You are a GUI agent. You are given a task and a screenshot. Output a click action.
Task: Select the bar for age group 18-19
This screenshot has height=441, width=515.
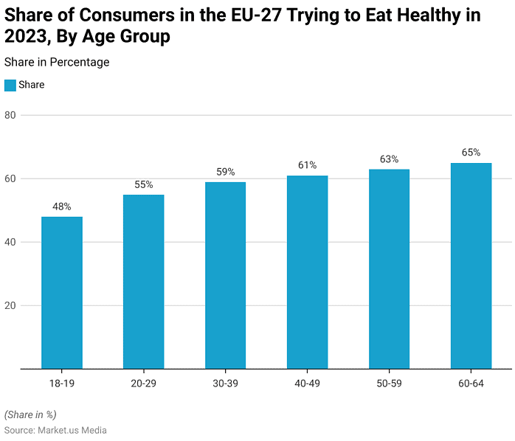coord(62,293)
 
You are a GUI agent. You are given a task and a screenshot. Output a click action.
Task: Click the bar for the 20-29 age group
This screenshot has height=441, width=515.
coord(143,282)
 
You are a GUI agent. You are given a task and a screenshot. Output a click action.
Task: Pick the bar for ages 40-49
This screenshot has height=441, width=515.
coord(307,272)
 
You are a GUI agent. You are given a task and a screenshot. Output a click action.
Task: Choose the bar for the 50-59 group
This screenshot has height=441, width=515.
coord(389,269)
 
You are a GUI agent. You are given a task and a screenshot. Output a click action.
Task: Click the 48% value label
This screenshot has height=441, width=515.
coord(62,207)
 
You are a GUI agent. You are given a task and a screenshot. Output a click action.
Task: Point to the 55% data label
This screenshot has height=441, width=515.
coord(143,185)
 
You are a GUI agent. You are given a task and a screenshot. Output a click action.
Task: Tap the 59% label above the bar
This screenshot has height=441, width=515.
coord(225,172)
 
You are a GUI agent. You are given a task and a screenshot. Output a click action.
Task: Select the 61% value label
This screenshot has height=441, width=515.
coord(307,165)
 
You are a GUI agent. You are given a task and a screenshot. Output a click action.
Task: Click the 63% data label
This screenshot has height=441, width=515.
coord(389,159)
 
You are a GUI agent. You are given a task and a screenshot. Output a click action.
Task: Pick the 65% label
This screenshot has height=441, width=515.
coord(471,153)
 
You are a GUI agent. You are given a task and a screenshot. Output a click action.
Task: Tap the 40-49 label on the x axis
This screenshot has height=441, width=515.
coord(307,383)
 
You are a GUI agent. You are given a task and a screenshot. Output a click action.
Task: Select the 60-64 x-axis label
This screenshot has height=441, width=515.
coord(471,383)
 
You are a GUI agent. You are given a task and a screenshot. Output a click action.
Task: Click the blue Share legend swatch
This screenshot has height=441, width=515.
coord(10,86)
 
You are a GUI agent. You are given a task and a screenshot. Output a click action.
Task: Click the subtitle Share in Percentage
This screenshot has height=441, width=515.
coord(57,63)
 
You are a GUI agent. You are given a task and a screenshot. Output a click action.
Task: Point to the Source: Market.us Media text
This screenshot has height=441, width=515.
coord(55,430)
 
